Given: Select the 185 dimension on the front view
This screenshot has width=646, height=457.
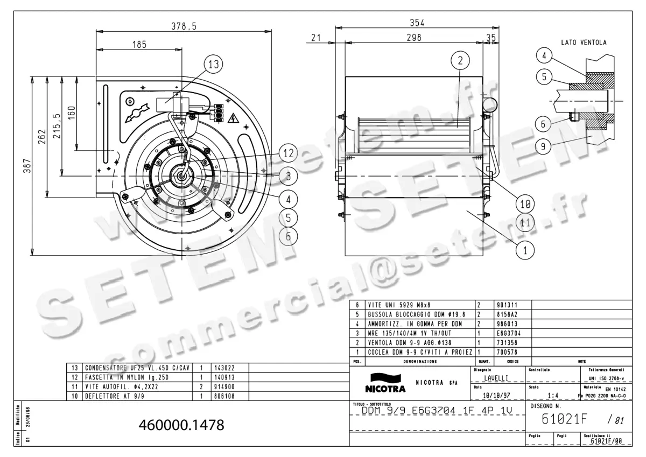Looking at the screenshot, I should coord(139,45).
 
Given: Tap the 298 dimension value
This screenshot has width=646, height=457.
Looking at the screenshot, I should coord(414,37).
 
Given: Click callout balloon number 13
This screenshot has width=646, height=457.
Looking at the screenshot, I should coord(214,65).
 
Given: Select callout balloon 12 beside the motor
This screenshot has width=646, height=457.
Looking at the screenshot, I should coord(289,153).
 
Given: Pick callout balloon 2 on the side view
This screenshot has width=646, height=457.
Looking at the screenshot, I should coord(460,61).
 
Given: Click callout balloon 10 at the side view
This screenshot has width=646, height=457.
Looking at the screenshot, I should coord(525,203).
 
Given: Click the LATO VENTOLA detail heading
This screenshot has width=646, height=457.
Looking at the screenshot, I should coord(584,42).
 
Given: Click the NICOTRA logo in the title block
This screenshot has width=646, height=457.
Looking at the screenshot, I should coord(385,383).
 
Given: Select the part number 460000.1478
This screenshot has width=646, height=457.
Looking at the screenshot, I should coord(181,425).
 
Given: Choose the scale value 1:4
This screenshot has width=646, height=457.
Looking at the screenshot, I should coord(552,396).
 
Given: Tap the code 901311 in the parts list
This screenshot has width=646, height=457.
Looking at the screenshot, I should coord(506,305).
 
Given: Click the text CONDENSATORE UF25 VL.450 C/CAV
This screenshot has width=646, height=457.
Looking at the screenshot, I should coord(137,368).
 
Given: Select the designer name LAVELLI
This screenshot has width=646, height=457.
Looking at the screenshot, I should coord(496,379).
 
